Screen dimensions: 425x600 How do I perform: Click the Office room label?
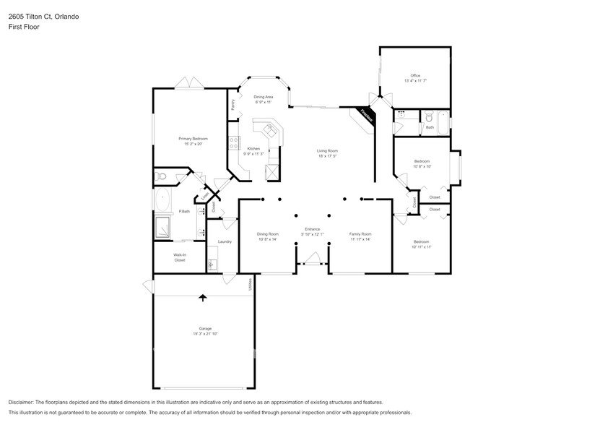click(x=415, y=76)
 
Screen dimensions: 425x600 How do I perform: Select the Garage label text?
click(x=205, y=329)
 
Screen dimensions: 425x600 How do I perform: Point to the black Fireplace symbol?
click(x=366, y=115)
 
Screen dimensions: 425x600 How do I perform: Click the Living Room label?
click(x=327, y=151)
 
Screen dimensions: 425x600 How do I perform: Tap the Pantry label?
click(x=233, y=105)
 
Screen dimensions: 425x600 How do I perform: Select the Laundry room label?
click(x=225, y=241)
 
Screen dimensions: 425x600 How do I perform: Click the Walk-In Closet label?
click(x=180, y=257)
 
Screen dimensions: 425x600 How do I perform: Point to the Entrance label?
click(x=312, y=229)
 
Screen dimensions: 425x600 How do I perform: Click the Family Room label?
click(x=360, y=234)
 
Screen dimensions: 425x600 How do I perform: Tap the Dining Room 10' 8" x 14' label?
click(x=267, y=234)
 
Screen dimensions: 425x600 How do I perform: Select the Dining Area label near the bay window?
click(x=263, y=97)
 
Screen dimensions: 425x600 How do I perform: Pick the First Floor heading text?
click(x=25, y=27)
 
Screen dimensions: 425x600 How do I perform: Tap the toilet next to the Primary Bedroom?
click(x=162, y=176)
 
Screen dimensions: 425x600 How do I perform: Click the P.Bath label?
click(x=184, y=211)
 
